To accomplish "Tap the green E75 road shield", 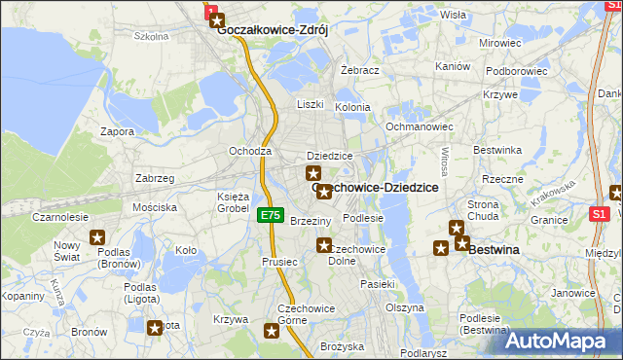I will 271,215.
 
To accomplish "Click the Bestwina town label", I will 495,249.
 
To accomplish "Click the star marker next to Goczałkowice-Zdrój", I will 216,18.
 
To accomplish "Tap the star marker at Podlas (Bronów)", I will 97,236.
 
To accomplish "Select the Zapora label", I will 117,131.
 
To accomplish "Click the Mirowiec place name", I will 500,44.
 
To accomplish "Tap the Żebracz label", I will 359,71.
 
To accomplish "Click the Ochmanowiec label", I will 420,126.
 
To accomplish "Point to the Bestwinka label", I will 497,150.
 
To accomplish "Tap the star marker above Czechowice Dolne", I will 324,245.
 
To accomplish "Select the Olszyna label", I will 404,307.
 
